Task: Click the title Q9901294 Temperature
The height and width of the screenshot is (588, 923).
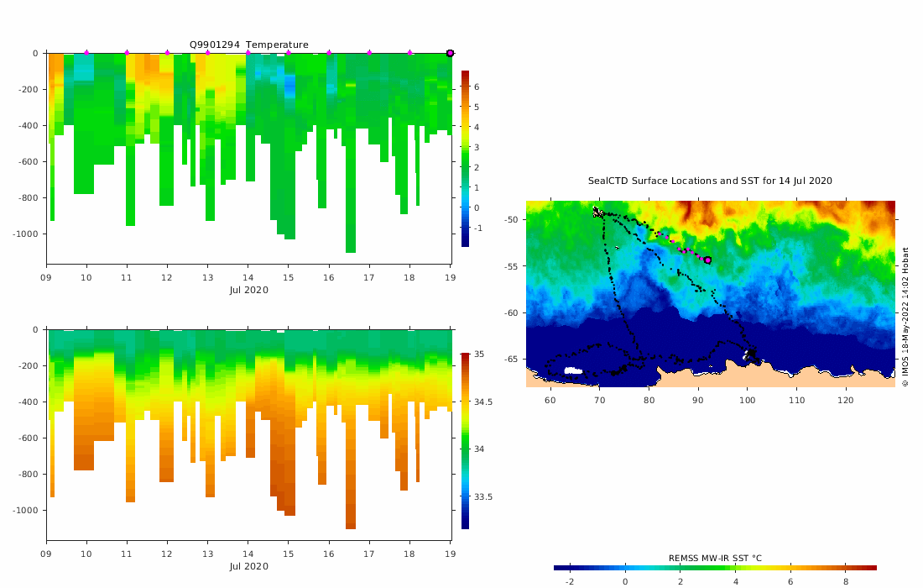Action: (248, 45)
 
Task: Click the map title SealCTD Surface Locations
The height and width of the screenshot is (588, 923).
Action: (710, 181)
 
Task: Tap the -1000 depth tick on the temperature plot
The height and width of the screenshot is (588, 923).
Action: (28, 234)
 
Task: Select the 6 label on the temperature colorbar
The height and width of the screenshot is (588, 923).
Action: (476, 87)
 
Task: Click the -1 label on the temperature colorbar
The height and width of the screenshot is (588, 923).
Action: (477, 228)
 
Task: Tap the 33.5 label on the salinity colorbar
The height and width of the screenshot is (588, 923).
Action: (483, 497)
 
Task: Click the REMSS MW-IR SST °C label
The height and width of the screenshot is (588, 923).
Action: (715, 558)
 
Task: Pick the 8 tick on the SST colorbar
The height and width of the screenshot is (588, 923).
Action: (845, 581)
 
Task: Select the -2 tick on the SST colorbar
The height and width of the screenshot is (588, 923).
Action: (569, 581)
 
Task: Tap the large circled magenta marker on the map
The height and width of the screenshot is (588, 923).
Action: (707, 260)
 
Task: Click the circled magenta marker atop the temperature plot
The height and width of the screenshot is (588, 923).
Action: (450, 53)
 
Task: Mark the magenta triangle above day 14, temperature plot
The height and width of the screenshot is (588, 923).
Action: (248, 53)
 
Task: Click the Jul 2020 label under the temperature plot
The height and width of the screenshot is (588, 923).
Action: (248, 290)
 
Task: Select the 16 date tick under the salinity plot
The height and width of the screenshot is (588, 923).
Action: (329, 555)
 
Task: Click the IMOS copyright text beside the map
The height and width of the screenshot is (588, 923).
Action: (905, 317)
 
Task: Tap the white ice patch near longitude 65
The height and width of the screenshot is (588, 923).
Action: (573, 370)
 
